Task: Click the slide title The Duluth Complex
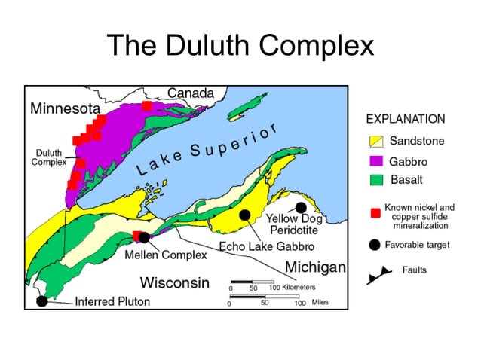(x=240, y=46)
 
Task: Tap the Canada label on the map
(x=190, y=93)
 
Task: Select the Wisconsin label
(x=174, y=282)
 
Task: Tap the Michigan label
(x=315, y=267)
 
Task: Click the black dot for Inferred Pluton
(x=42, y=301)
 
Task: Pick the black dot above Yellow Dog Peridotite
(x=301, y=207)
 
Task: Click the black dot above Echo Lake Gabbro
(x=244, y=215)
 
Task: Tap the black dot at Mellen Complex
(x=144, y=237)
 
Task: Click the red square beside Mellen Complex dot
(x=136, y=236)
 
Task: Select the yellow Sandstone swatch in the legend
(x=377, y=141)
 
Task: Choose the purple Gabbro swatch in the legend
(x=377, y=160)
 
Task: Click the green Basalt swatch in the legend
(x=377, y=179)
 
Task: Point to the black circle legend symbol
(x=375, y=245)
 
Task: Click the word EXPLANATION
(x=405, y=119)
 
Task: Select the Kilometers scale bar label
(x=293, y=288)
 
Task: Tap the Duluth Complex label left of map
(x=48, y=157)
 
